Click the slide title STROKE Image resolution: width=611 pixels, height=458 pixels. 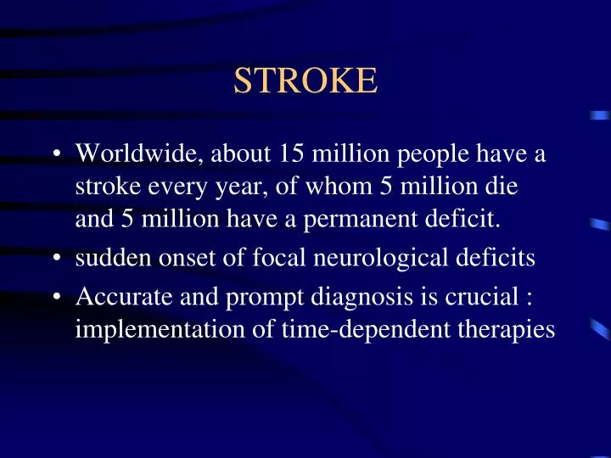(305, 81)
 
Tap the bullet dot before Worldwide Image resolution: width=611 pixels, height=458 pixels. (55, 154)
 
